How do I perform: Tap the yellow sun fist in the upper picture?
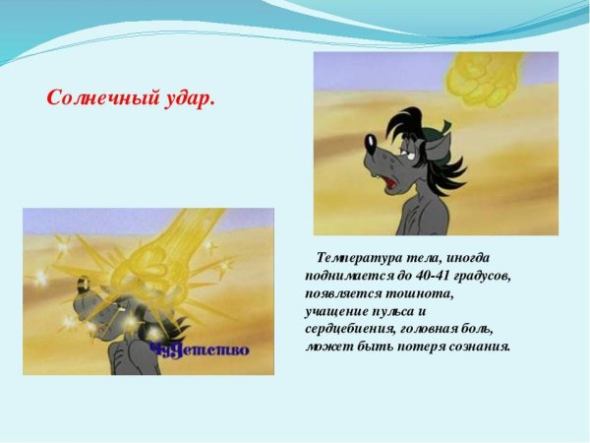481,76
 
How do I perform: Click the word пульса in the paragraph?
381,310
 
